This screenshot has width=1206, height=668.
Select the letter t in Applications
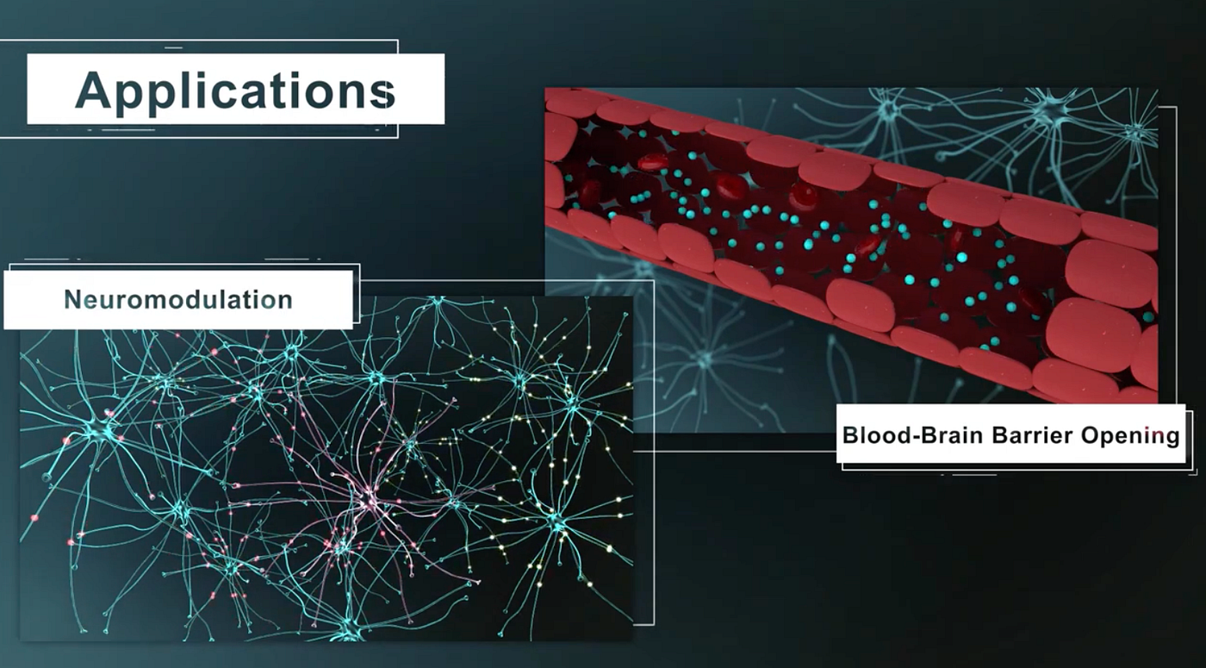(297, 91)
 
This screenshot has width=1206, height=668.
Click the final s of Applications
(384, 94)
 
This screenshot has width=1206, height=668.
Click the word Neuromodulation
(178, 300)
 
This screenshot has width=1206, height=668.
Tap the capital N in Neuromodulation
(72, 300)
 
